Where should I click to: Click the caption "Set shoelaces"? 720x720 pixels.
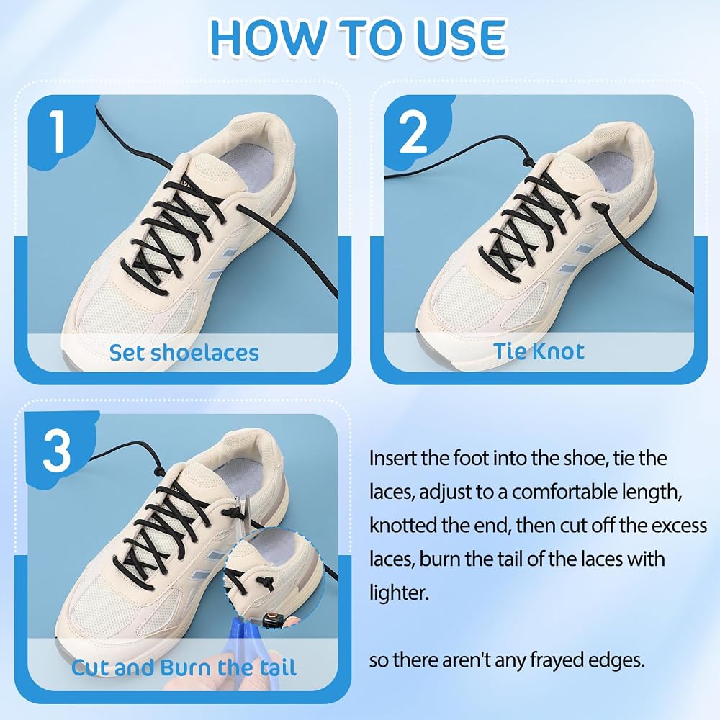(x=184, y=352)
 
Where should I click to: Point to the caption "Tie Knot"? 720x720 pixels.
(x=539, y=351)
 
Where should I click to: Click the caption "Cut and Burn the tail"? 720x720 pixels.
(x=184, y=667)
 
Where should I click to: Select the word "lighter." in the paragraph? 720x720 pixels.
(x=399, y=593)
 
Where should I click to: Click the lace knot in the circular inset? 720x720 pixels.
(x=264, y=585)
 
